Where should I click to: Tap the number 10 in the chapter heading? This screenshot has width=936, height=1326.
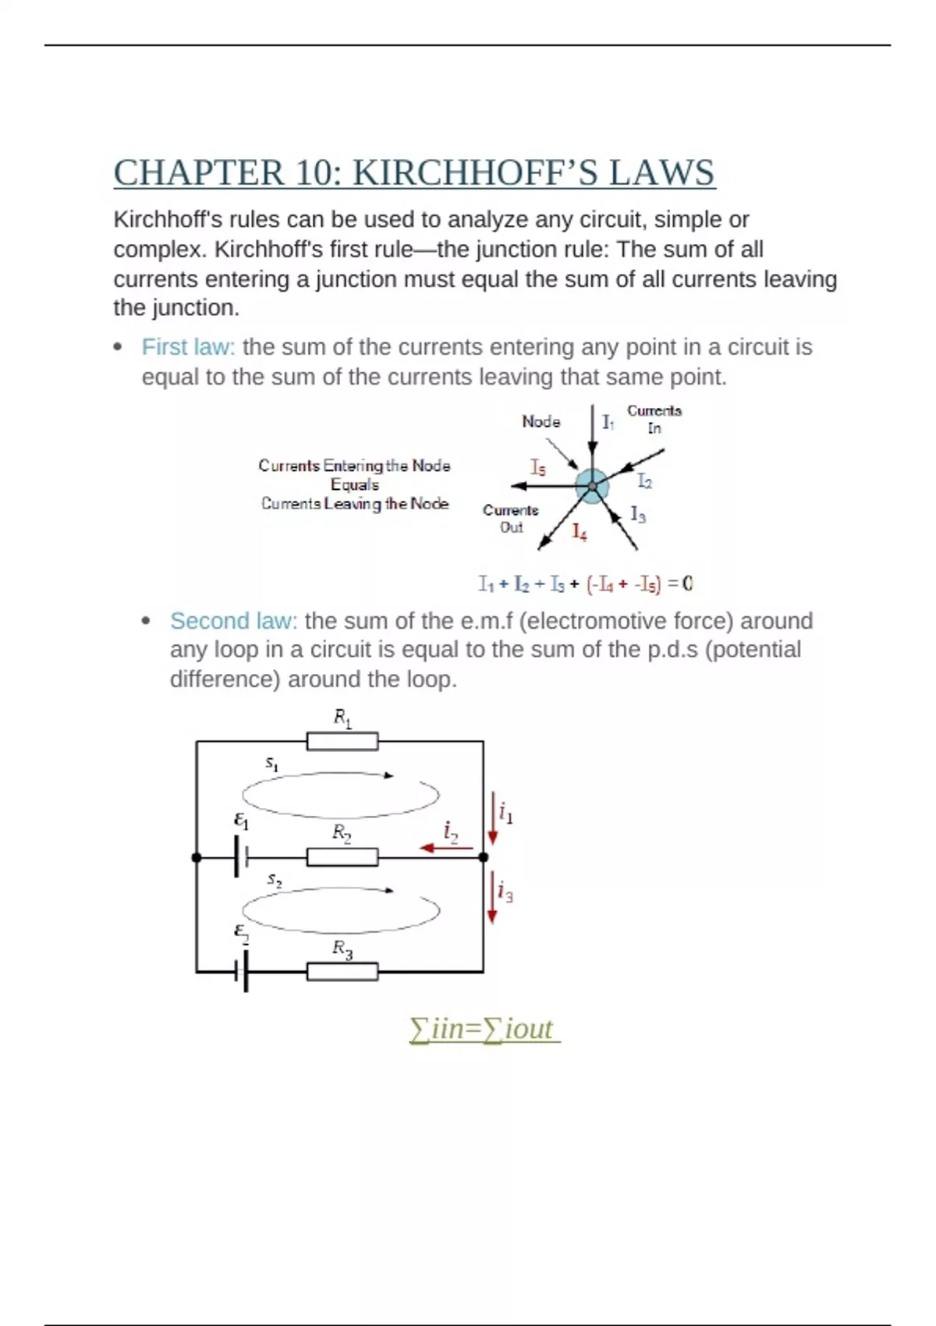tap(314, 173)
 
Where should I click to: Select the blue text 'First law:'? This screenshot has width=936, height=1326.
tap(188, 347)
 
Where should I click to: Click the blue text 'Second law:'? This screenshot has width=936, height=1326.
tap(233, 621)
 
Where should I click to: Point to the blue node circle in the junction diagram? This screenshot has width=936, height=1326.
tap(592, 486)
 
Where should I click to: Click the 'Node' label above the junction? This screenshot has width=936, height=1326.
tap(541, 422)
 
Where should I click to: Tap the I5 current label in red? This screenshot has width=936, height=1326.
tap(538, 467)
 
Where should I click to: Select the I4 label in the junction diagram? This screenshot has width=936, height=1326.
tap(579, 532)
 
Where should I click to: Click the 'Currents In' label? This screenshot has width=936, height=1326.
tap(654, 419)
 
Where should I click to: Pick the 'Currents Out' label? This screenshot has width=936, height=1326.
tap(511, 519)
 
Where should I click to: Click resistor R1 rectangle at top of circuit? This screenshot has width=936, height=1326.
tap(342, 741)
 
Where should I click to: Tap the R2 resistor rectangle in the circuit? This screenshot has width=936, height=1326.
tap(342, 857)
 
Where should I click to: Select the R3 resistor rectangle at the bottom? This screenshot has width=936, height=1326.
tap(342, 972)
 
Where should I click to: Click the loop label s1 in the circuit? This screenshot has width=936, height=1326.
tap(271, 764)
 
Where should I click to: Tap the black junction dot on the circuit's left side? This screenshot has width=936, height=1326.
tap(197, 857)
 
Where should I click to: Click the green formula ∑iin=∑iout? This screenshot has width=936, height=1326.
tap(484, 1030)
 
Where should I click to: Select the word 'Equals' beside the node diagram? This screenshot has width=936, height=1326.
tap(355, 484)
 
